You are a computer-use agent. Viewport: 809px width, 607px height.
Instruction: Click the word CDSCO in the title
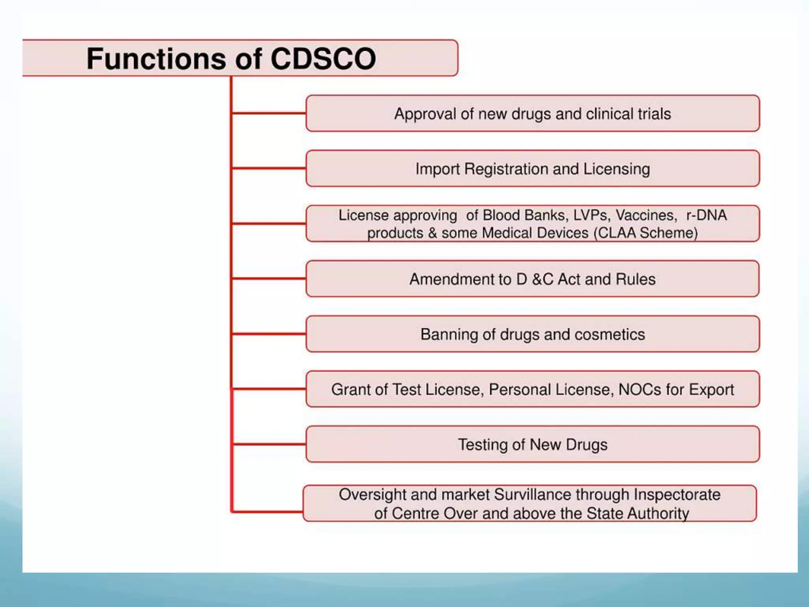point(323,59)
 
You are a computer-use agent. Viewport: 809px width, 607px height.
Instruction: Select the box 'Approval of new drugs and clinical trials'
point(532,113)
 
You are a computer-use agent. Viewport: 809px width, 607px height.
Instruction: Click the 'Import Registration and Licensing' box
point(532,169)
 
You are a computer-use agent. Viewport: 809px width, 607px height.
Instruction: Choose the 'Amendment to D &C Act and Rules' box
point(532,279)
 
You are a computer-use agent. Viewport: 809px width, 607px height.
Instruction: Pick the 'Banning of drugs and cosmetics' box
point(532,334)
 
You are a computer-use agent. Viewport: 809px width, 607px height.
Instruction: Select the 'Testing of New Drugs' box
point(532,445)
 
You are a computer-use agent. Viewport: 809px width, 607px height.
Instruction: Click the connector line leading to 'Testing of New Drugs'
point(269,444)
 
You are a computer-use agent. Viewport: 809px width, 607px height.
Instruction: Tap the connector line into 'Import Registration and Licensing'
point(269,168)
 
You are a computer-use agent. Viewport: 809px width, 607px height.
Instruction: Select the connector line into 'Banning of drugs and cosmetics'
point(269,334)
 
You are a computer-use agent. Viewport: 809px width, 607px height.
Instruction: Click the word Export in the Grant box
point(711,390)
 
